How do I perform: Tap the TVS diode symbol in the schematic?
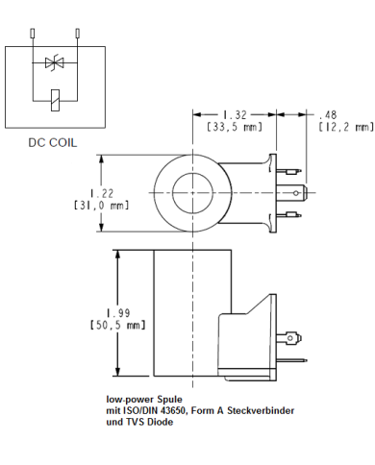coord(54,64)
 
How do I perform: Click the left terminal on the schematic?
coord(34,34)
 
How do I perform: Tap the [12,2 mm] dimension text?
coord(343,126)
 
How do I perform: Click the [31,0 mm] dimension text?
coord(100,204)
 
